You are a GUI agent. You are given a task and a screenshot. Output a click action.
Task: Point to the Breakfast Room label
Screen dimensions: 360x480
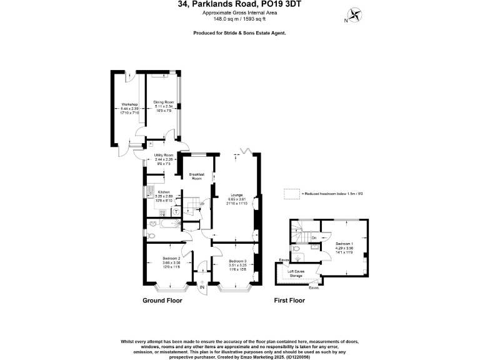pos(197,177)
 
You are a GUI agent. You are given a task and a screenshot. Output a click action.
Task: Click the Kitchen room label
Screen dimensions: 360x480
pos(164,192)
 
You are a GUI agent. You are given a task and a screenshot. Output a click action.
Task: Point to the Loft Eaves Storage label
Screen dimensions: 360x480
pos(296,273)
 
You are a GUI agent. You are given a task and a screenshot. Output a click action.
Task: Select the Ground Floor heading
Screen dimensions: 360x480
pos(161,301)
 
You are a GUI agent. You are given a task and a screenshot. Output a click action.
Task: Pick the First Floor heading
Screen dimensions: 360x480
pos(289,301)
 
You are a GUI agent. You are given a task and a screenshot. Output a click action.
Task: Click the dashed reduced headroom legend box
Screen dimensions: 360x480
pos(291,194)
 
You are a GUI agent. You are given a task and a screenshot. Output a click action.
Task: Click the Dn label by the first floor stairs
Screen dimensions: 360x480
pos(314,237)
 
